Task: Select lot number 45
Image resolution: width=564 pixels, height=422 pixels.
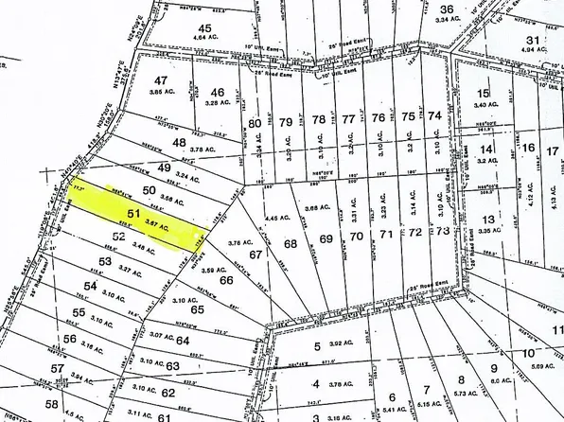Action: tap(206, 28)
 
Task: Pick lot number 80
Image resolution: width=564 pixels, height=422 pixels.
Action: tap(254, 123)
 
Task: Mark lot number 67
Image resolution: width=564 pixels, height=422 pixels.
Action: tap(255, 255)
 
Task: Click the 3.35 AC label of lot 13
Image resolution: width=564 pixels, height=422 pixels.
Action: tap(488, 230)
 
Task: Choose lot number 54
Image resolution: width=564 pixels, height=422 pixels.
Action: tap(91, 286)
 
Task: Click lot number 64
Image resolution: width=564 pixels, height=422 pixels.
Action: tap(183, 340)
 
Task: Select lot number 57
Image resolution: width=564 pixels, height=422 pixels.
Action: tap(57, 368)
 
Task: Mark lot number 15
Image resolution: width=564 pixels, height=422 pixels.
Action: tap(485, 93)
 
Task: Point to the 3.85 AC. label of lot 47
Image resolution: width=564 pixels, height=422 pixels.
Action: tap(167, 95)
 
